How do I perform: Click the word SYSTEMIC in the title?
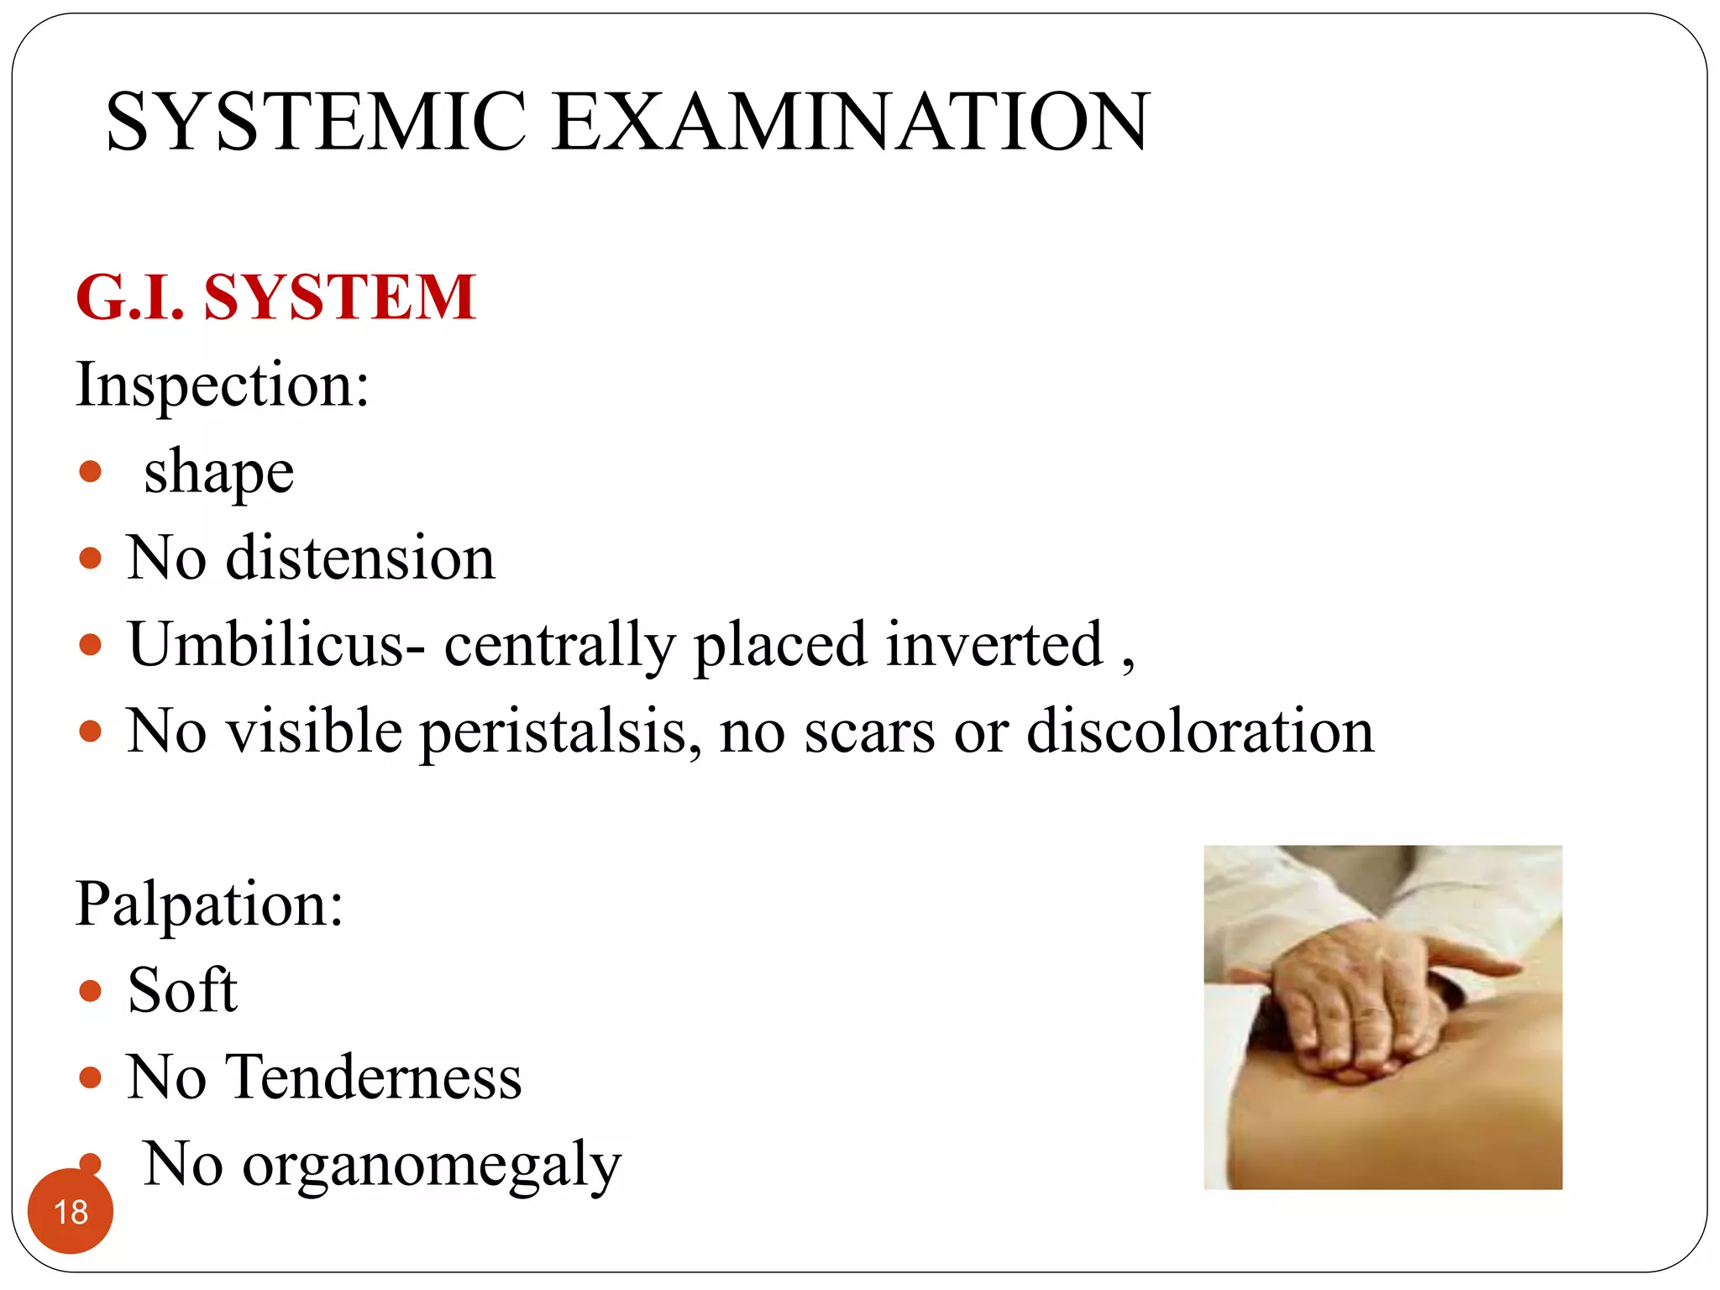click(x=316, y=123)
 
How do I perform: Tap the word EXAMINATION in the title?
click(x=850, y=123)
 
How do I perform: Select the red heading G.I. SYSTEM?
click(x=275, y=297)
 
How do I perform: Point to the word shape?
click(x=218, y=473)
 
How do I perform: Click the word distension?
click(x=361, y=558)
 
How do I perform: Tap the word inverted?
click(x=994, y=645)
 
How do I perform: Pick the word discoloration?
click(x=1201, y=731)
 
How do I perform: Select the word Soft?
click(x=182, y=991)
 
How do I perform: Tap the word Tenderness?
click(x=375, y=1078)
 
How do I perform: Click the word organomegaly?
click(x=432, y=1167)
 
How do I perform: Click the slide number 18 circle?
click(x=71, y=1211)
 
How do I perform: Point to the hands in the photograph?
click(x=1361, y=1008)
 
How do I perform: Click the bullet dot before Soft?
click(x=90, y=992)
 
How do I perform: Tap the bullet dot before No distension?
click(x=90, y=558)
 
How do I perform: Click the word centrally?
click(x=559, y=645)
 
